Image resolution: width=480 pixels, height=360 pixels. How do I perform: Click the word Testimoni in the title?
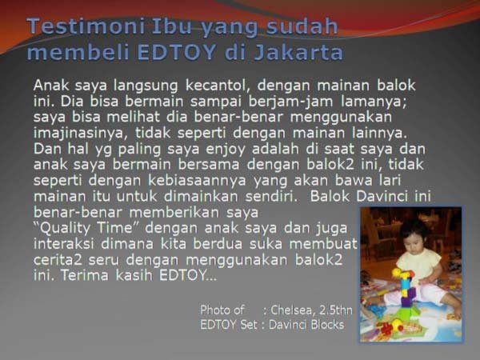[x=86, y=26]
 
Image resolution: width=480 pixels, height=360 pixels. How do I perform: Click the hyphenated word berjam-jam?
[x=291, y=102]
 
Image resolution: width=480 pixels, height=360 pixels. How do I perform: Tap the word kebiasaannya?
[x=197, y=181]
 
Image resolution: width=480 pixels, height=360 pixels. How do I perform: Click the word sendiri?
[x=271, y=197]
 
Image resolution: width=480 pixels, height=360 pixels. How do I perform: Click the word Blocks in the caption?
[x=327, y=325]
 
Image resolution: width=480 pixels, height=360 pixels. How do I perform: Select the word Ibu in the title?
[x=173, y=26]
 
